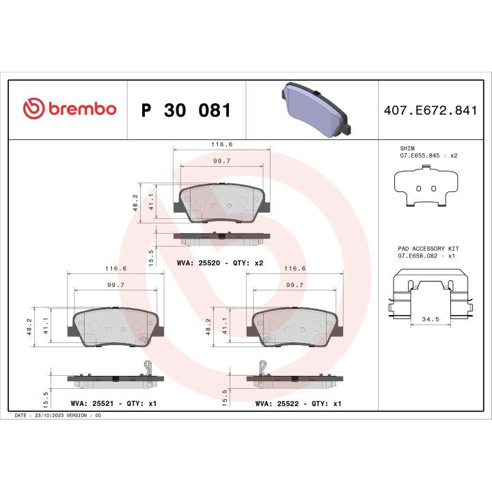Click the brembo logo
70,109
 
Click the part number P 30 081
185,110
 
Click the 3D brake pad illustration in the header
315,110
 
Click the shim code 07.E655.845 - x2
428,156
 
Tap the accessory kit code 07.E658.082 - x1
427,256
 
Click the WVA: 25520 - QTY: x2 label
220,262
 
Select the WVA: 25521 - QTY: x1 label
113,404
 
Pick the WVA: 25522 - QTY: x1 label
298,404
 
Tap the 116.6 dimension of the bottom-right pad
294,269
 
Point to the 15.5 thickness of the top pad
152,256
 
